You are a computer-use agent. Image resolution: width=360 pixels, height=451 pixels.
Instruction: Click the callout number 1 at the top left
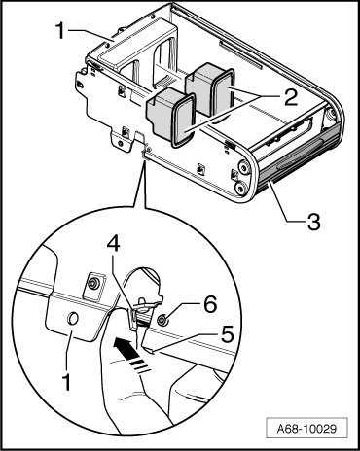pos(60,31)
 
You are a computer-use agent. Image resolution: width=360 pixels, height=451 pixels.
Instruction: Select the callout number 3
pos(313,222)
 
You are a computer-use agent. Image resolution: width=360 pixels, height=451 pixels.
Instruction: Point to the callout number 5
pos(227,334)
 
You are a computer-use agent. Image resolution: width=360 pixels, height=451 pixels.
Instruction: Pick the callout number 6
pos(210,304)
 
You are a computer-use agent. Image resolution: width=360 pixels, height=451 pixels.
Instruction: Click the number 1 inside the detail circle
pos(66,382)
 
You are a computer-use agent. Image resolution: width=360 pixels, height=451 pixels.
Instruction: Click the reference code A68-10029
pos(306,429)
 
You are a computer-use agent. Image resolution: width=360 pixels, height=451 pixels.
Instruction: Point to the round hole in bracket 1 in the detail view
pos(72,319)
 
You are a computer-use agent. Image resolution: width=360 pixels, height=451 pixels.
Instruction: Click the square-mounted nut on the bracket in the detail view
pos(93,284)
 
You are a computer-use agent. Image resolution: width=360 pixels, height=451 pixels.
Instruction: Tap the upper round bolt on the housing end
pos(243,166)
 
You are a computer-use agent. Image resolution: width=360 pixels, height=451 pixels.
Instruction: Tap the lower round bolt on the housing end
pos(241,188)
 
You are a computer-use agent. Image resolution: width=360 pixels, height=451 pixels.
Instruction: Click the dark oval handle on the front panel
pos(298,159)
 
